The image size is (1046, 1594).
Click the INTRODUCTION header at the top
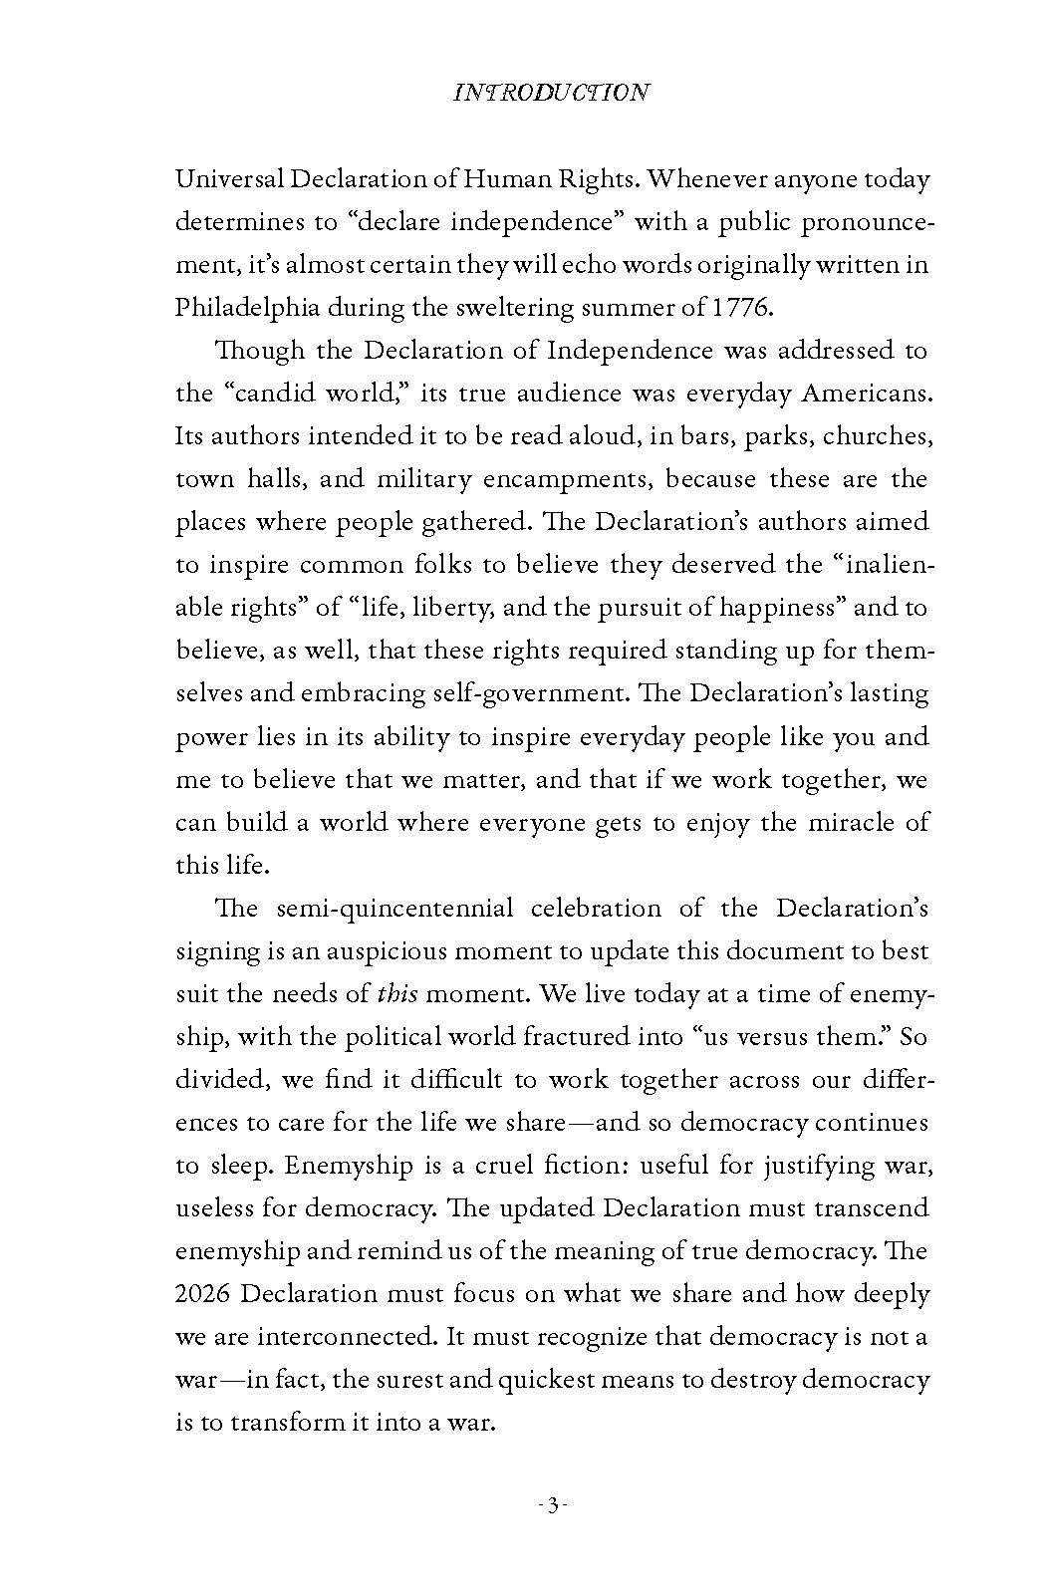(551, 93)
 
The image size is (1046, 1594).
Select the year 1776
(741, 307)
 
